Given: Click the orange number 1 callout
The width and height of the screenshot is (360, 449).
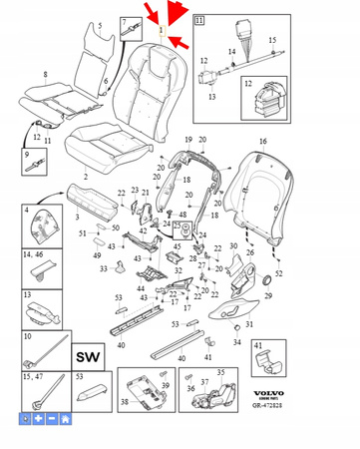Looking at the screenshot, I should pyautogui.click(x=162, y=30).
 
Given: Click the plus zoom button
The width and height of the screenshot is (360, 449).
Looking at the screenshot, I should pyautogui.click(x=39, y=420).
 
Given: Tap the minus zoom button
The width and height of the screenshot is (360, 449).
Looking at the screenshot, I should pyautogui.click(x=52, y=420).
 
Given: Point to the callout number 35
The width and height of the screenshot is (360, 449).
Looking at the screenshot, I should pyautogui.click(x=221, y=372).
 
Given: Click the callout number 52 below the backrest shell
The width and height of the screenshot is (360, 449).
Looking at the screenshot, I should pyautogui.click(x=278, y=272).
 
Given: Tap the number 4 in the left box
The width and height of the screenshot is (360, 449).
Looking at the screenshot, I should pyautogui.click(x=25, y=211).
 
